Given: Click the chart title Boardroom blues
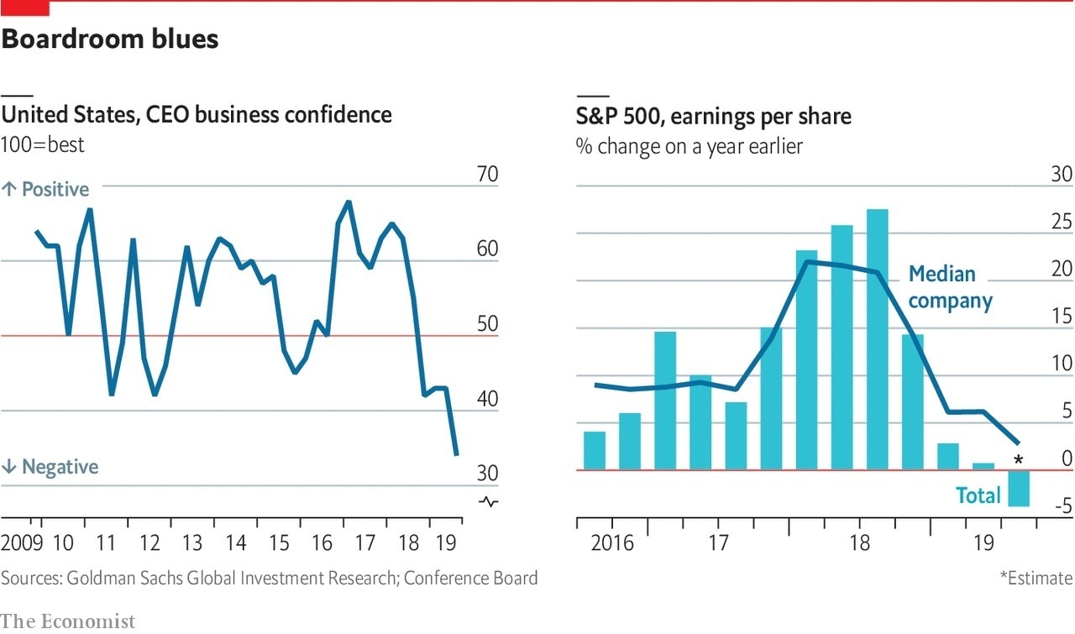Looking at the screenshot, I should tap(110, 39).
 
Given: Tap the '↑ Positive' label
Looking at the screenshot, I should tap(45, 190).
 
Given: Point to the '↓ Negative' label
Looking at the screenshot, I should tap(50, 467).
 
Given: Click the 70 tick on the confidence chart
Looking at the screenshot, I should tap(487, 175).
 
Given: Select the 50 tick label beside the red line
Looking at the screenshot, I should tap(487, 325).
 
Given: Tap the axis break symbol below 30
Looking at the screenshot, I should tap(488, 502).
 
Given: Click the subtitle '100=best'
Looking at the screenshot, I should tap(43, 144).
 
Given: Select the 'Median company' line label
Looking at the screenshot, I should tap(950, 287).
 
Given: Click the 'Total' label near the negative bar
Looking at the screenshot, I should tap(978, 495).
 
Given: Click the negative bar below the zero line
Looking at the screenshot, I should tap(1019, 488).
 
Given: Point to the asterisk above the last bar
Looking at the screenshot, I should tap(1019, 459).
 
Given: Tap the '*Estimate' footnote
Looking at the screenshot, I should tap(1036, 578).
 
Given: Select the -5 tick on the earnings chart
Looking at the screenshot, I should tap(1062, 506).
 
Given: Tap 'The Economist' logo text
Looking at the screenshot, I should tap(67, 621).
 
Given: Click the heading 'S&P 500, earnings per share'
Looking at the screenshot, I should tap(713, 116).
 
